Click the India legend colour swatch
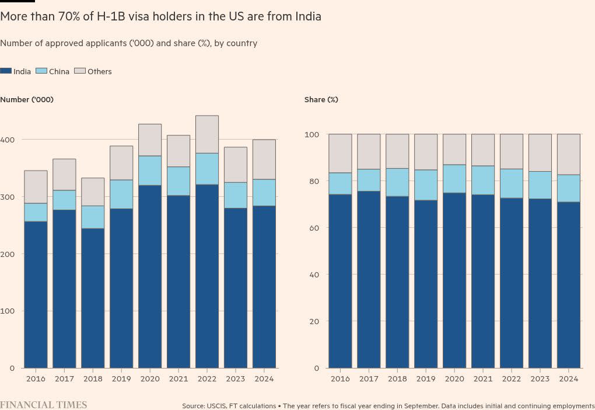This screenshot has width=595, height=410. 6,71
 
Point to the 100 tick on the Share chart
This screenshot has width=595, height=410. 312,135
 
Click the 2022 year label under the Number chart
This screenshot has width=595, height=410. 207,378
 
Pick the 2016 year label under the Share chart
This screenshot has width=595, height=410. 340,378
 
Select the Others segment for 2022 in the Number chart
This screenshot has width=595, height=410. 207,134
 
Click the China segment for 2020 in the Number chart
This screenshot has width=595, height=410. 150,171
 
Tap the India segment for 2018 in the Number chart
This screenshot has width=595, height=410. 93,298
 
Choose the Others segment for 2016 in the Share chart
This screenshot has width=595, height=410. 340,153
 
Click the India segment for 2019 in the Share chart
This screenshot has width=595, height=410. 426,284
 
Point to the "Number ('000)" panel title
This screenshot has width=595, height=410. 27,100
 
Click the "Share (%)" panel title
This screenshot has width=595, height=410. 321,100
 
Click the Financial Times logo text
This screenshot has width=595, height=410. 44,405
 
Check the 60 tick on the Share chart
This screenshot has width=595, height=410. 314,228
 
